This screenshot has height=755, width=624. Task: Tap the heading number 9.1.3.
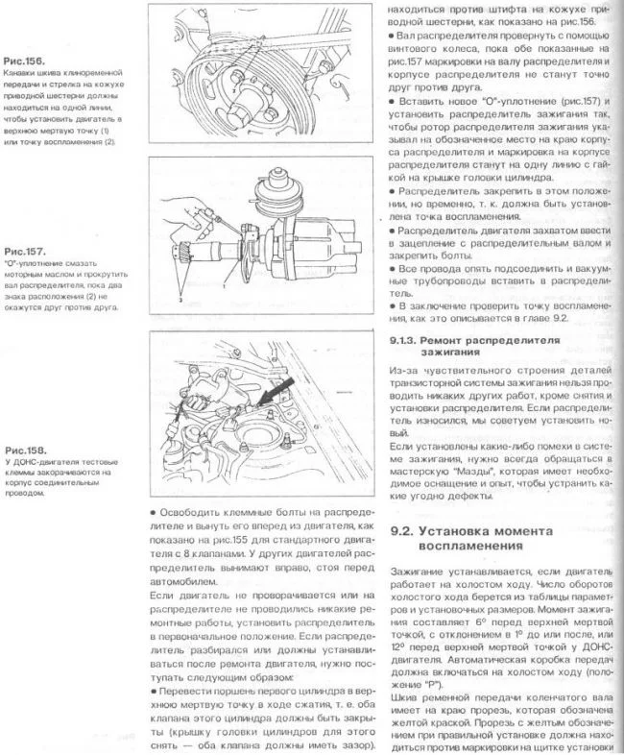click(409, 340)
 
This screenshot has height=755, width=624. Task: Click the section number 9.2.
click(410, 531)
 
